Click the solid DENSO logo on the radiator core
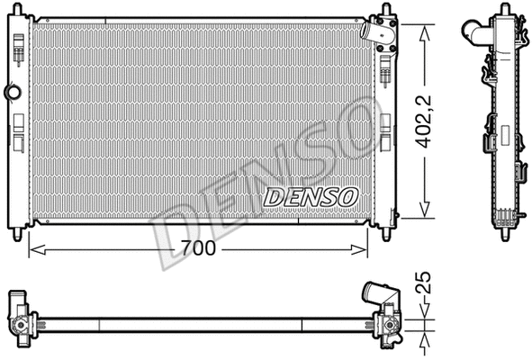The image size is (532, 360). [x=311, y=195]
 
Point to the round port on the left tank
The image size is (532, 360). [x=12, y=93]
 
